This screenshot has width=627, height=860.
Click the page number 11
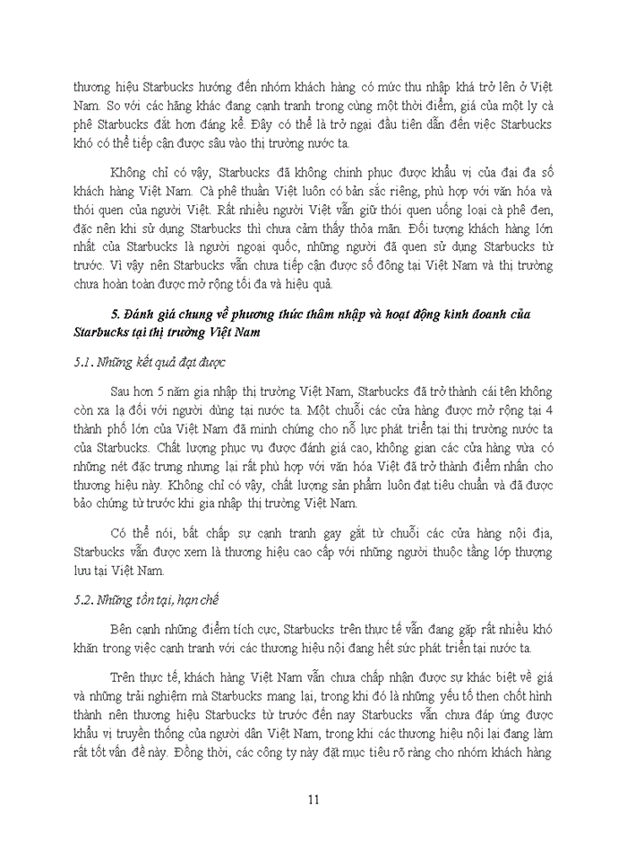tap(313, 800)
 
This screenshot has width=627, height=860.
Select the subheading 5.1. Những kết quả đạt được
tap(150, 363)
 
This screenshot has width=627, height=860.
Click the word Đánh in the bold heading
tap(142, 313)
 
